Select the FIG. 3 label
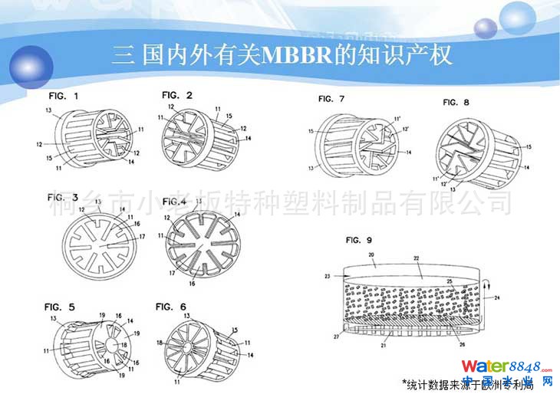[64, 197]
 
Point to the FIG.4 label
[173, 202]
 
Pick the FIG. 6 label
[170, 307]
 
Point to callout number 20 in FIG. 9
[371, 254]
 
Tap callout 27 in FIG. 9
[334, 335]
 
